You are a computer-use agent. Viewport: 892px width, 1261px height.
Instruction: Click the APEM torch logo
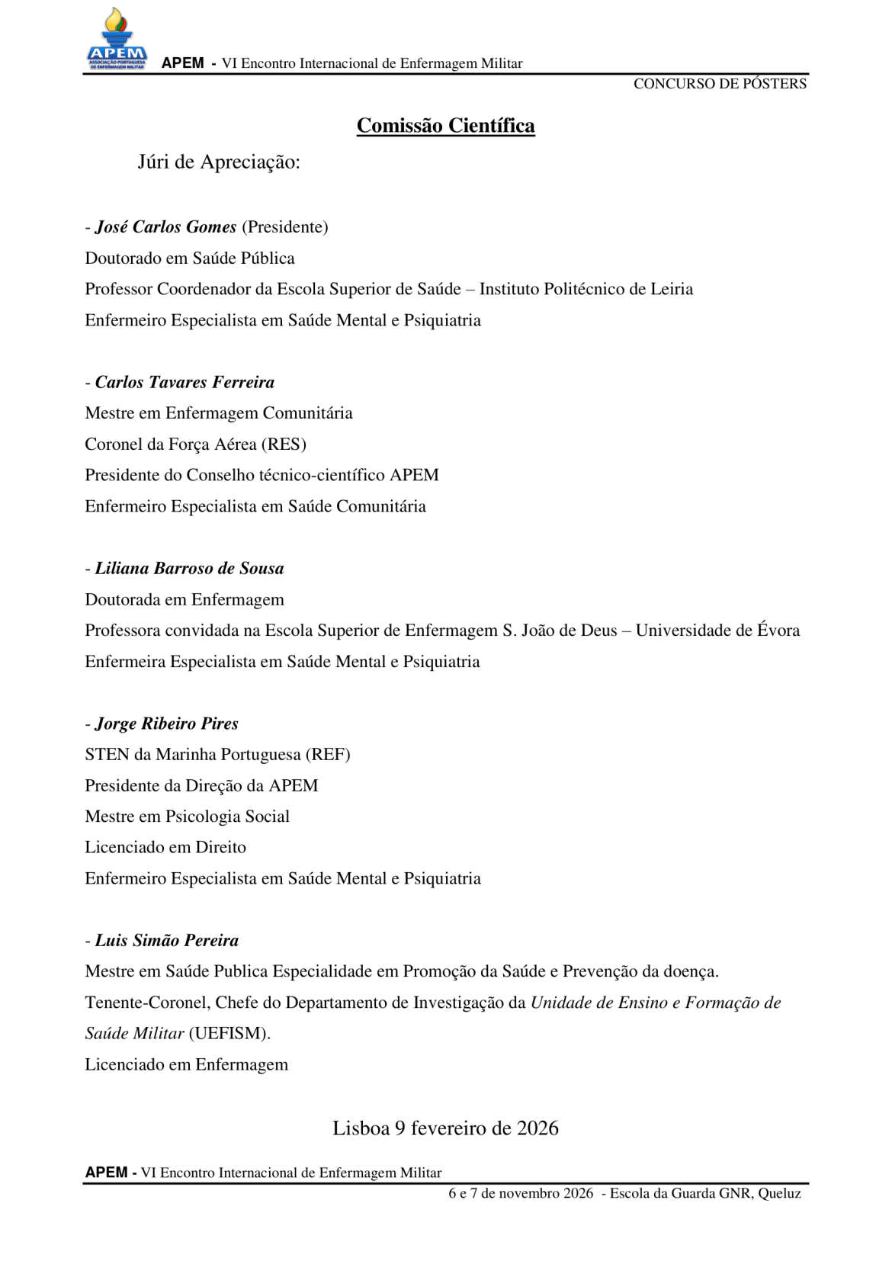[117, 40]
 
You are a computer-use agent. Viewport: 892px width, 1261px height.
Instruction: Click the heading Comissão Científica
[445, 126]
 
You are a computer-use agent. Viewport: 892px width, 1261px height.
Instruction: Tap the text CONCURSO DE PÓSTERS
[719, 84]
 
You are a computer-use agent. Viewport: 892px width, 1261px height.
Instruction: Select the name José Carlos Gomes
[165, 227]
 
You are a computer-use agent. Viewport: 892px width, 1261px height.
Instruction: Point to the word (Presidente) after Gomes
[285, 227]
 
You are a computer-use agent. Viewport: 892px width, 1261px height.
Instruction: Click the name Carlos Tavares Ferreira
[184, 382]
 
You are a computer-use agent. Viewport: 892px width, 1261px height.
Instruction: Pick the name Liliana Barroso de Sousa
[189, 569]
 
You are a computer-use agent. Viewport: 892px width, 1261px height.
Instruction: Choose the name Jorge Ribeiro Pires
[166, 724]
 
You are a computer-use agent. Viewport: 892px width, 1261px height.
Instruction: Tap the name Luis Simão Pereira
[166, 941]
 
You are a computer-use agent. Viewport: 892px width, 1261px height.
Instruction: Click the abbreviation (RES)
[284, 444]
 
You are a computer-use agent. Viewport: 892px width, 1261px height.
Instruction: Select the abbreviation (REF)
[328, 755]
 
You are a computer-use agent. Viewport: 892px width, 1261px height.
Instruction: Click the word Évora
[778, 630]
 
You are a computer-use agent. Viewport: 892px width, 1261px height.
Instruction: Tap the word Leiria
[672, 290]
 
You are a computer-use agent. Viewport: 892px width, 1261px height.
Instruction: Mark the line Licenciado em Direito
[165, 848]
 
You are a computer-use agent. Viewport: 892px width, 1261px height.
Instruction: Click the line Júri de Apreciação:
[219, 162]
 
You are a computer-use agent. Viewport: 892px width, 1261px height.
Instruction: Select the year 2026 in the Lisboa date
[537, 1128]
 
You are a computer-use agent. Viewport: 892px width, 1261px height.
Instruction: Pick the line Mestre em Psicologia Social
[187, 817]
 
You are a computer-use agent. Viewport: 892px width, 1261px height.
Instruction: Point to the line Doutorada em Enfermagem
[184, 600]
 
